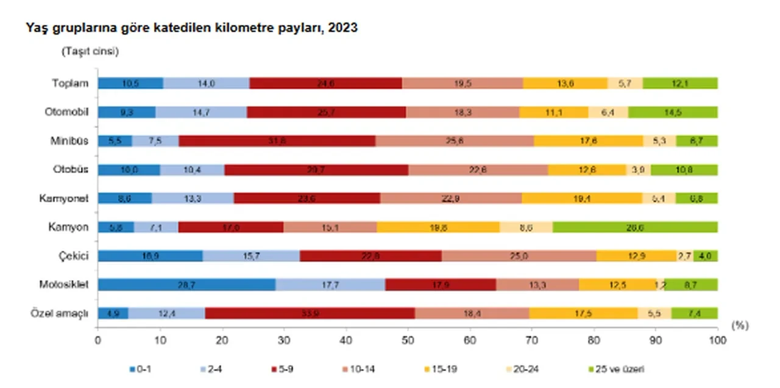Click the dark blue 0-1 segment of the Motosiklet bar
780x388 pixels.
coord(186,284)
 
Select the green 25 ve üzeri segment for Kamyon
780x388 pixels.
coord(635,227)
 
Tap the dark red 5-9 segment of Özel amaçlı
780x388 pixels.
coord(310,313)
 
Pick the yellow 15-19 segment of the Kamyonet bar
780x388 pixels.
coord(583,198)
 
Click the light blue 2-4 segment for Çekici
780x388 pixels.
coord(251,256)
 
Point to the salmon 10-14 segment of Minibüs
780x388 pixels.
coord(455,141)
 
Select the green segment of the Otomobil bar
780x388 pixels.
coord(673,112)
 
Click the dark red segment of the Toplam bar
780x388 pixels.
coord(325,83)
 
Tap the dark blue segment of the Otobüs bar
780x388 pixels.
coord(129,169)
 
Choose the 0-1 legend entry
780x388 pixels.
coord(142,369)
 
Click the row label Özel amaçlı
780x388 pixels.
coord(60,313)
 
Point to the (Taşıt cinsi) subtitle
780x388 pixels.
coord(90,52)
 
